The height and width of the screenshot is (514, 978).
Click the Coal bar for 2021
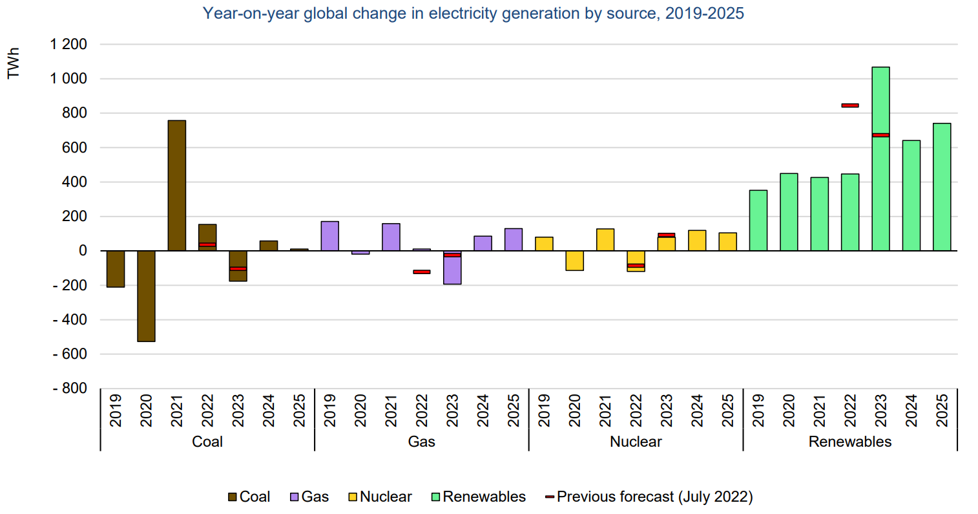point(176,186)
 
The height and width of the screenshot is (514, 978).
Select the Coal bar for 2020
point(146,296)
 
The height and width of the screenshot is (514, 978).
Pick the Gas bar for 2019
point(329,236)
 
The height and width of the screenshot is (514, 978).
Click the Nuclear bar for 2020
point(574,261)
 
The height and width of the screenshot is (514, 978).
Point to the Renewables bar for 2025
point(941,187)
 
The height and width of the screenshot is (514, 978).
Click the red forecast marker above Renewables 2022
point(850,105)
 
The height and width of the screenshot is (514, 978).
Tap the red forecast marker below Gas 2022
point(422,272)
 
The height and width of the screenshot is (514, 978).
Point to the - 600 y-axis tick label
point(69,354)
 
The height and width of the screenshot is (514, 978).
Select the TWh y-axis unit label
point(14,63)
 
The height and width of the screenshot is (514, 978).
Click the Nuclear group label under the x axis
point(636,442)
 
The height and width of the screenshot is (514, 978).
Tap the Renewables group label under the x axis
point(849,442)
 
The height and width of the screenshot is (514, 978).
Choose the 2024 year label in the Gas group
point(483,411)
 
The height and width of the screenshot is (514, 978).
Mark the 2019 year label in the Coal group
point(116,411)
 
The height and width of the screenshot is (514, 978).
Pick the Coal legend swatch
point(233,497)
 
